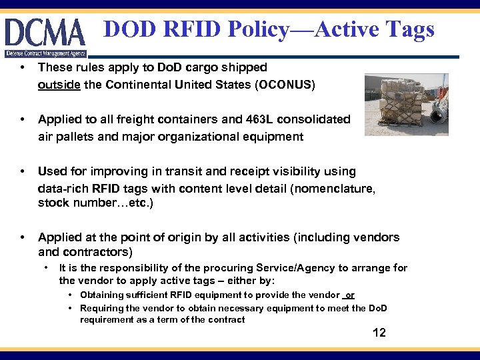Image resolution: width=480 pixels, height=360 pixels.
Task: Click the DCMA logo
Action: click(45, 33)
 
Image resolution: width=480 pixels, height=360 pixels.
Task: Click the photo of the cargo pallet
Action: click(406, 104)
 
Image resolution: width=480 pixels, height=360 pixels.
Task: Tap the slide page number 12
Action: click(379, 333)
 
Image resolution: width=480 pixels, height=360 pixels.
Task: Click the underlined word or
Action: click(350, 295)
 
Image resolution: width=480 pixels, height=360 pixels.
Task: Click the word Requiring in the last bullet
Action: click(102, 308)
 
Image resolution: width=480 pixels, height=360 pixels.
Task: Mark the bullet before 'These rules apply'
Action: click(23, 68)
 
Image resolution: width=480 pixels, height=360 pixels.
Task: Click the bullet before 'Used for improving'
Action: click(23, 172)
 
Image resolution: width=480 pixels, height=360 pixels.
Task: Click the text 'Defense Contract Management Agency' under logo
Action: click(45, 53)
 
